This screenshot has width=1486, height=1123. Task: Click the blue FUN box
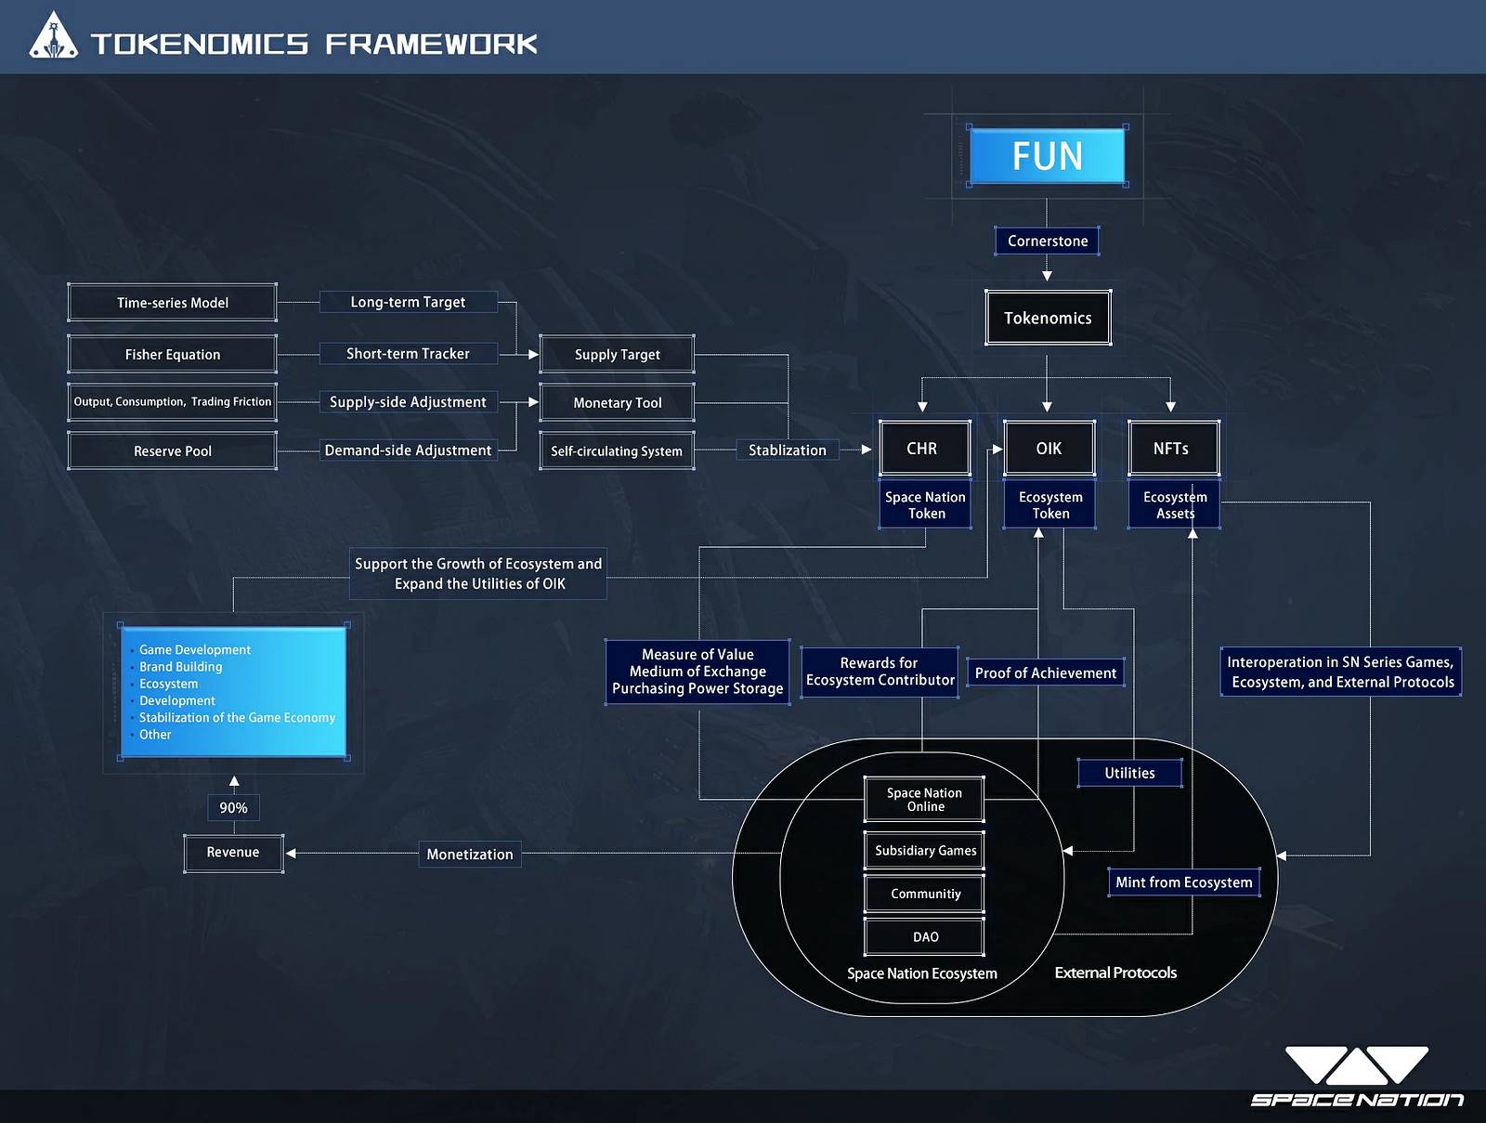(1047, 156)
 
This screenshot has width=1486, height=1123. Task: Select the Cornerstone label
(1047, 241)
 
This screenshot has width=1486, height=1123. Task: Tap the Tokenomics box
(1048, 318)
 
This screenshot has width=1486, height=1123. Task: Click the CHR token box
(922, 449)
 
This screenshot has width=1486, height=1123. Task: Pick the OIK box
(1049, 449)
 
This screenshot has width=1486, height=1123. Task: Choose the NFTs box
(1171, 449)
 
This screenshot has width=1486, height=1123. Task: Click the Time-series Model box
(173, 303)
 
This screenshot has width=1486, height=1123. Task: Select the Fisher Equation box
(173, 355)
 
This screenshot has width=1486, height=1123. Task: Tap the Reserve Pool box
(173, 451)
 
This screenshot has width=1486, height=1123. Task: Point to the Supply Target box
(617, 355)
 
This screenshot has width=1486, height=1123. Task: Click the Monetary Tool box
(617, 403)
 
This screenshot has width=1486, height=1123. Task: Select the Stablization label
(788, 451)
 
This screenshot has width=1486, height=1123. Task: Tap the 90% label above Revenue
(233, 808)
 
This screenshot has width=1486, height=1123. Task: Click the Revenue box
(233, 853)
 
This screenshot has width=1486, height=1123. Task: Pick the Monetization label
(469, 855)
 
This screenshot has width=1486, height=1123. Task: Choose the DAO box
(925, 937)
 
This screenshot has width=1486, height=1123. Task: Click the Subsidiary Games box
(925, 851)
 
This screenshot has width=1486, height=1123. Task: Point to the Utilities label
(1129, 773)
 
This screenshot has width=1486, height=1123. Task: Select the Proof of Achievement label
(1046, 673)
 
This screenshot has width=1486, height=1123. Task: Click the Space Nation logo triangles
(1356, 1065)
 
